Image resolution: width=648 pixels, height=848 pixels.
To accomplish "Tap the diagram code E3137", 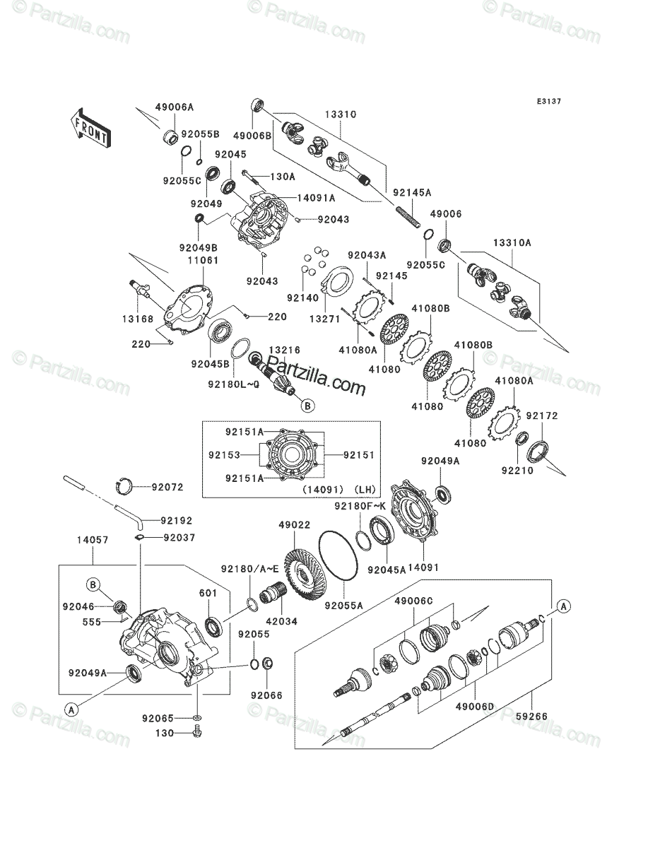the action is tap(548, 102).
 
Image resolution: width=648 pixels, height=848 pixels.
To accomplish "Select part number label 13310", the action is tap(340, 114).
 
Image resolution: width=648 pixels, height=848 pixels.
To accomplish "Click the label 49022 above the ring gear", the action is tap(294, 524).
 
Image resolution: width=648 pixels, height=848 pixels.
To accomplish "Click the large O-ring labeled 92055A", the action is tap(338, 560).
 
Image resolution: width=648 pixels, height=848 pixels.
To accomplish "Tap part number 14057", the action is tap(93, 540).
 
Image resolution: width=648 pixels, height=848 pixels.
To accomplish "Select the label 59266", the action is tap(531, 717).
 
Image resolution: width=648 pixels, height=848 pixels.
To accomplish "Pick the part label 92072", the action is tap(167, 487).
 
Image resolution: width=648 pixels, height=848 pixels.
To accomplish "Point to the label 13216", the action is tap(284, 350).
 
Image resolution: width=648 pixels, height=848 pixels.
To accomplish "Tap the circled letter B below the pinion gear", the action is tap(308, 406).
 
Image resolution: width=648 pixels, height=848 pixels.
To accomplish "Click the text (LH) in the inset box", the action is tap(365, 490).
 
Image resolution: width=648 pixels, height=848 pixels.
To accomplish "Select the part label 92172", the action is tap(542, 416).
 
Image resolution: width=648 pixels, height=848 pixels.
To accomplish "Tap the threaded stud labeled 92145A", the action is tap(408, 217).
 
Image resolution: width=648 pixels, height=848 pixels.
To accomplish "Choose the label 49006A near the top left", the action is tap(175, 107).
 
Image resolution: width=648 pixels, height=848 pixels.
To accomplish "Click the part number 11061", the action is tap(203, 260).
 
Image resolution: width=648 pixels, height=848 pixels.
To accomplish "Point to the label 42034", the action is tap(281, 622).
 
